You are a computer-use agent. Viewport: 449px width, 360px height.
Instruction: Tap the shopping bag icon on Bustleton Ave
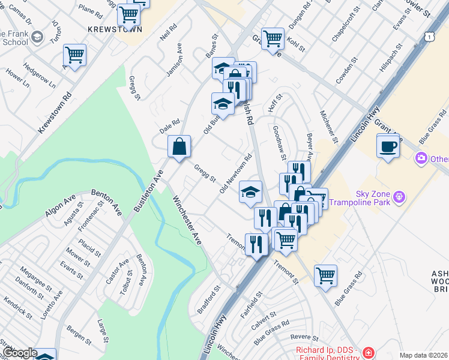[179, 147]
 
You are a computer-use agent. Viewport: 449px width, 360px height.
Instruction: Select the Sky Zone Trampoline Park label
[373, 199]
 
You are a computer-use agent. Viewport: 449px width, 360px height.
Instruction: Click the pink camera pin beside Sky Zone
[421, 158]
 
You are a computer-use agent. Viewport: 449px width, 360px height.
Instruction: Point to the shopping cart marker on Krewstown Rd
[75, 56]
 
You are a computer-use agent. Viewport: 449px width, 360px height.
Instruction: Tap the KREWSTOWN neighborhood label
[115, 29]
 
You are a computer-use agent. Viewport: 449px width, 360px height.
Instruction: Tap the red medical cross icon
[368, 353]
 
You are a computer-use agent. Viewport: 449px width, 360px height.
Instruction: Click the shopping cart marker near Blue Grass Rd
[325, 276]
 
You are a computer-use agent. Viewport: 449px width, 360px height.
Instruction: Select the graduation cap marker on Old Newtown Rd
[250, 192]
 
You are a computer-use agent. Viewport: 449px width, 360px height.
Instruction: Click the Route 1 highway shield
[430, 37]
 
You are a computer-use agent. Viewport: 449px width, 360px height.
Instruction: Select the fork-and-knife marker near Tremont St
[256, 244]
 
